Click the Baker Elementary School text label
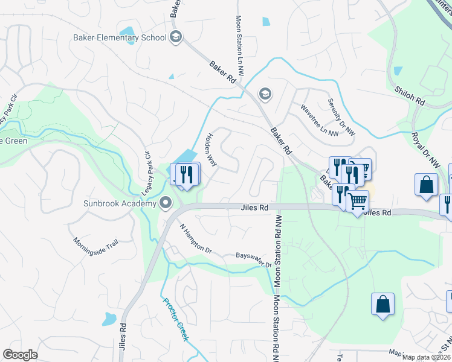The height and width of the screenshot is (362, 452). (120, 38)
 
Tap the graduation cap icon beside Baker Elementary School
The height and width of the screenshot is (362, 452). (176, 37)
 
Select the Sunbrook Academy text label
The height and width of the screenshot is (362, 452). (120, 203)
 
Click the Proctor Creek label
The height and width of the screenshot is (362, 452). (176, 319)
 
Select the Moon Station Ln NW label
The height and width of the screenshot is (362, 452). (239, 45)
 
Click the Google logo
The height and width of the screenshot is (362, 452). (20, 355)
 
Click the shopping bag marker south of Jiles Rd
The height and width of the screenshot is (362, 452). (383, 305)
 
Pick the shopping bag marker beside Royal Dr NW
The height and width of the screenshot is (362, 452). (426, 185)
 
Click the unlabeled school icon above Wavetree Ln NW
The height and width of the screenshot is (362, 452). (264, 94)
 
